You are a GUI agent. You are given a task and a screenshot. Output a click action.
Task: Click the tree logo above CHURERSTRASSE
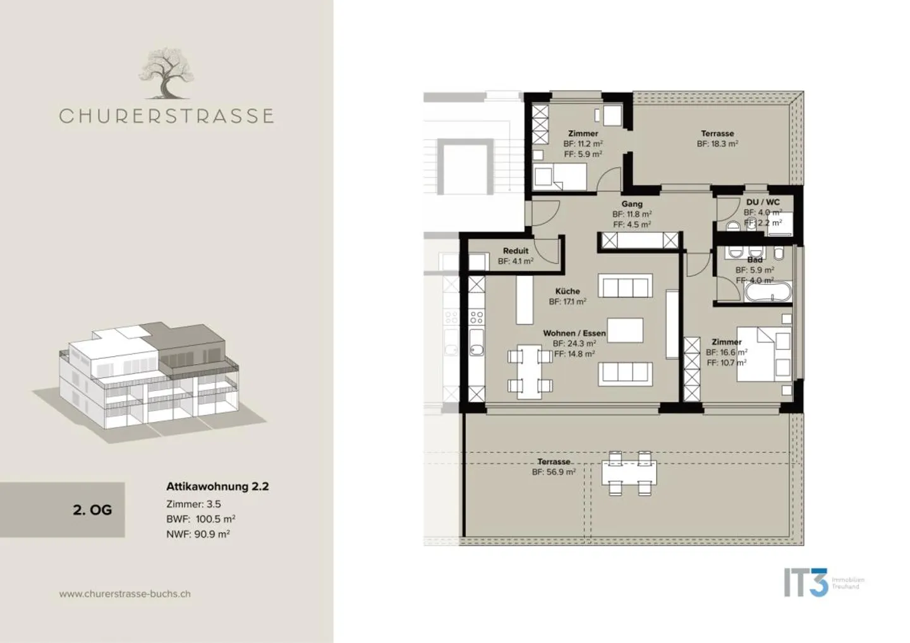(166, 75)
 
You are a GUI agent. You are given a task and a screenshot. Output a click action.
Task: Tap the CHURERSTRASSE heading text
(166, 116)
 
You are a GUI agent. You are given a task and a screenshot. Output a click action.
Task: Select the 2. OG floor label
(92, 510)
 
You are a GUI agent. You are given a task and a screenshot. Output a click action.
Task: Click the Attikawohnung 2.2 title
(217, 486)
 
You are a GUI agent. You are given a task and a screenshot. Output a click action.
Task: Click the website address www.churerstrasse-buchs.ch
(125, 594)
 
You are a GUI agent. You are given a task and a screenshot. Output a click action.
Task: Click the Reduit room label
(516, 251)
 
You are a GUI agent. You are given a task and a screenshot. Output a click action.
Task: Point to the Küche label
(567, 291)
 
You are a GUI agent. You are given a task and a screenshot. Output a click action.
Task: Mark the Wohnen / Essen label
(574, 333)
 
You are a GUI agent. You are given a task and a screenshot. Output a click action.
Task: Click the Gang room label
(632, 204)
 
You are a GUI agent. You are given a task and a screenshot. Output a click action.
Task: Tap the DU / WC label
(763, 203)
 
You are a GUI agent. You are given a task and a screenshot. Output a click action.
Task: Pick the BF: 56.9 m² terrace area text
(554, 472)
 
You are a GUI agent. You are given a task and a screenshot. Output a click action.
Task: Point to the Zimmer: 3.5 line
(193, 504)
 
